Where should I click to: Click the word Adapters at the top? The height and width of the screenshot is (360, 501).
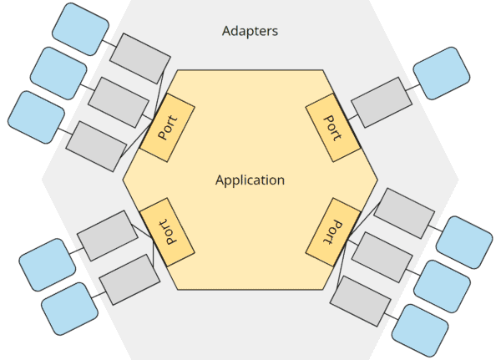pos(250,31)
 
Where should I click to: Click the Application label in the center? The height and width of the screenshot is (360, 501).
pos(250,180)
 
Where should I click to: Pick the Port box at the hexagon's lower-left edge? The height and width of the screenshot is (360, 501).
pos(167,230)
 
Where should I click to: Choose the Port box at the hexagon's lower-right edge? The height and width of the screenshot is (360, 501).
pos(333,230)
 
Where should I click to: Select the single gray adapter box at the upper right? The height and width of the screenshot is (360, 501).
pos(381,101)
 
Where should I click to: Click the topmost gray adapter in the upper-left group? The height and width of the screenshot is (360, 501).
pos(139,58)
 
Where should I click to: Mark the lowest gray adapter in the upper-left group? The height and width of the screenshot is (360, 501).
pos(96,145)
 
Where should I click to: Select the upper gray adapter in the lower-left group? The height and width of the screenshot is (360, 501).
pos(107,235)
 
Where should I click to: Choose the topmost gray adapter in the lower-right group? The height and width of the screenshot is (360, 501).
pos(403,212)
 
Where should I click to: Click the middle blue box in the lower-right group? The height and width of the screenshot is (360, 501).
pos(442,285)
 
